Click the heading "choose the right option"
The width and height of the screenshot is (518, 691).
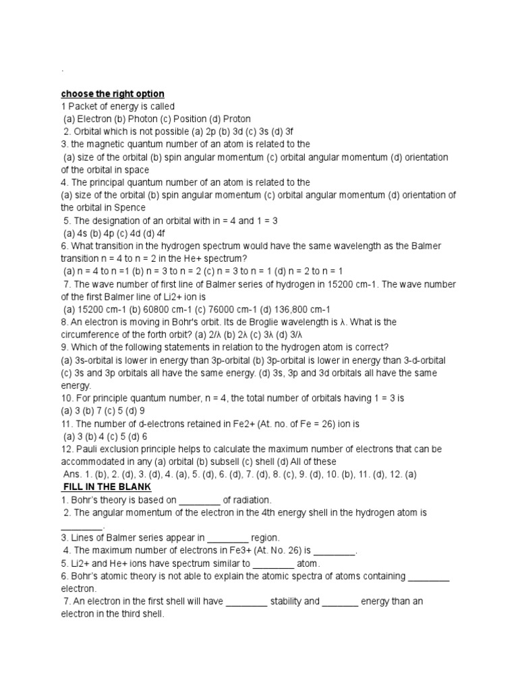point(113,94)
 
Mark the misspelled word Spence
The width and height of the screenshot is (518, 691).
point(144,208)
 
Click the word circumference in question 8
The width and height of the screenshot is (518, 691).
point(92,335)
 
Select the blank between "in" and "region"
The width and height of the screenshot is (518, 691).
point(227,538)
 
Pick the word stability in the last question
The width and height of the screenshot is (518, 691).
point(294,601)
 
